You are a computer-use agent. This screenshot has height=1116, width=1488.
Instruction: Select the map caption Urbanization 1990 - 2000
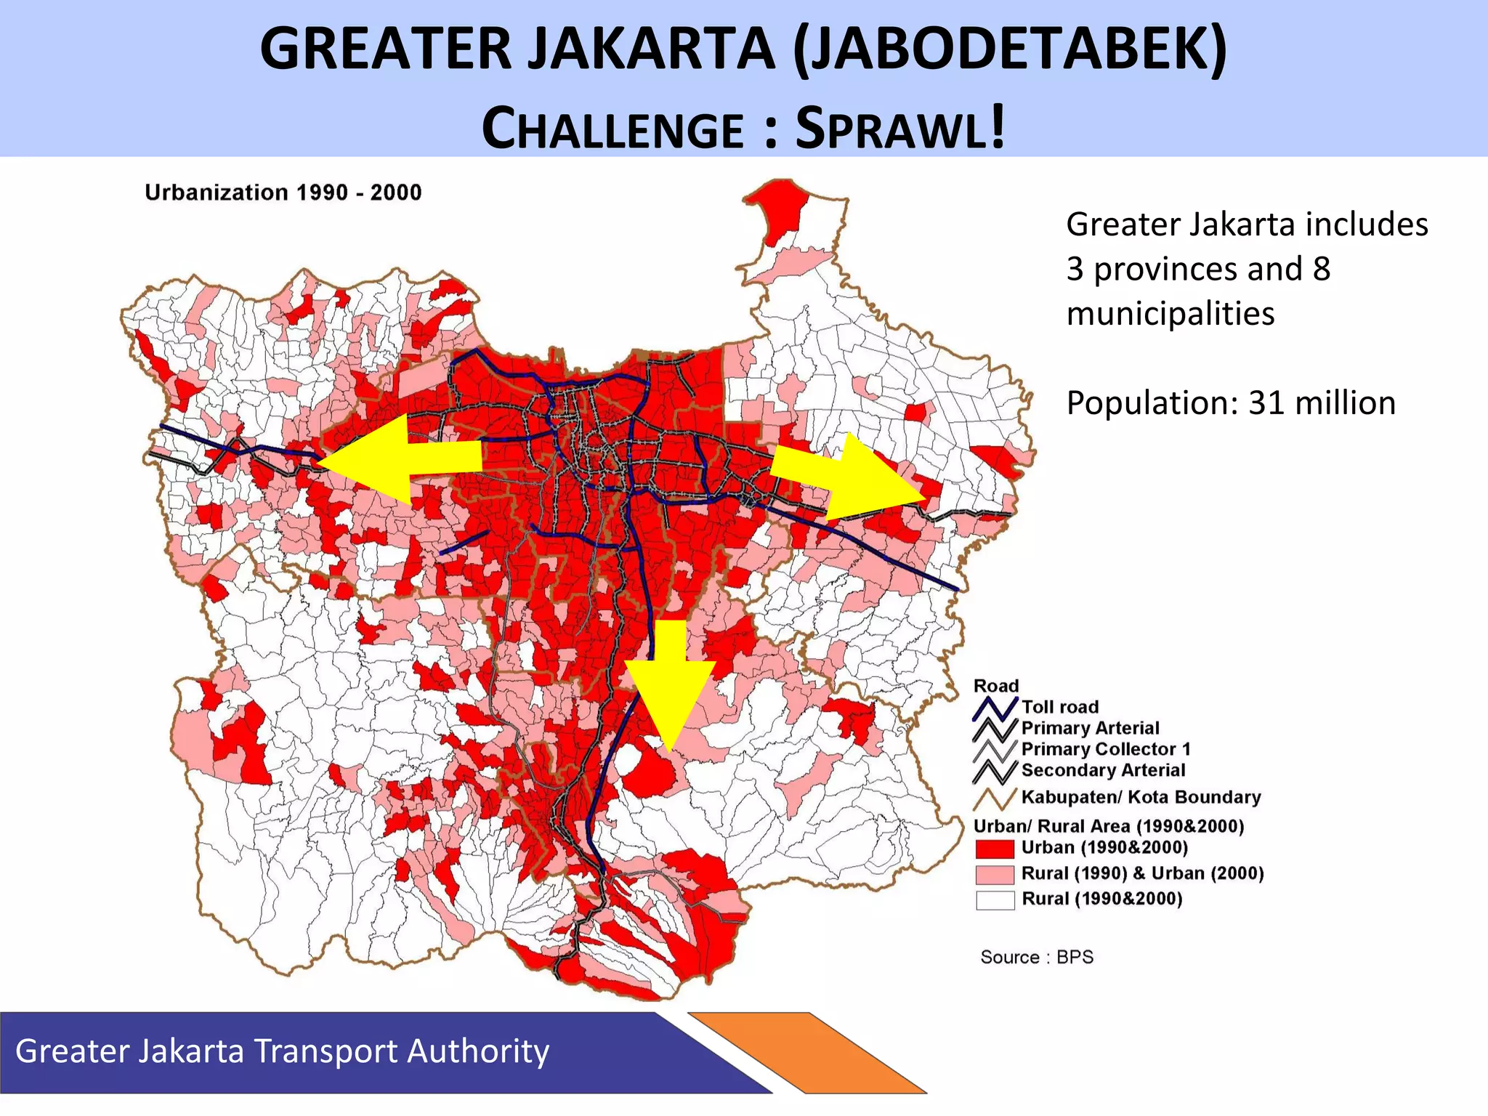pos(283,193)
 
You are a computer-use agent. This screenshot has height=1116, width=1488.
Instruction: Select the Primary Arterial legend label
pos(1090,728)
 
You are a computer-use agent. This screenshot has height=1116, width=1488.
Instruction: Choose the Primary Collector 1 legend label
pos(1106,749)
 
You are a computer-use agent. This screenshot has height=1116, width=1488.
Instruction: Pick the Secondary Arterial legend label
pos(1103,770)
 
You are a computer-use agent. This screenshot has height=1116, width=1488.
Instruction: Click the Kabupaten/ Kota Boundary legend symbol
pos(995,798)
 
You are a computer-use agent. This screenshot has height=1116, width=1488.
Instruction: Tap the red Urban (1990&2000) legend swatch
pos(995,849)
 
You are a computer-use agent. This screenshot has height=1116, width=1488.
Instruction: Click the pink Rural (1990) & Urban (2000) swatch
pos(995,874)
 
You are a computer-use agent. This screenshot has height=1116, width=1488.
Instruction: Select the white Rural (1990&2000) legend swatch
pos(995,899)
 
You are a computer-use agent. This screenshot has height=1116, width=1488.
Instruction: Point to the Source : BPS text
pos(1037,957)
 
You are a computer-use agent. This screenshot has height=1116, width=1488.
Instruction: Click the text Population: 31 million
pos(1230,403)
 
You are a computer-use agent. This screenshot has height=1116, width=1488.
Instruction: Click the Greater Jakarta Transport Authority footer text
pos(282,1051)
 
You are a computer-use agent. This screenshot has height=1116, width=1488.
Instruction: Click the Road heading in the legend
pos(995,686)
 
